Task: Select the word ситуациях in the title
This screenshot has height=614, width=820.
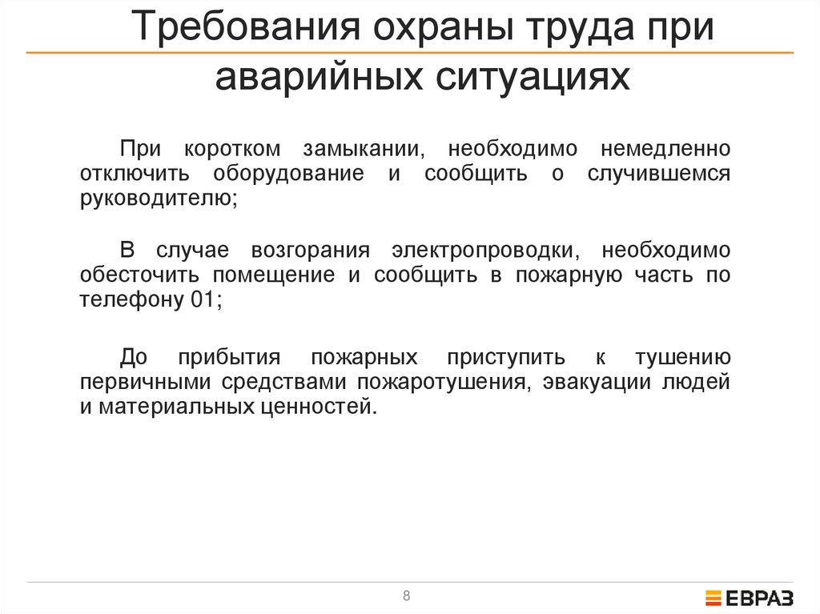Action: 517,78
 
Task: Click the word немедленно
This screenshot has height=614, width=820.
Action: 664,150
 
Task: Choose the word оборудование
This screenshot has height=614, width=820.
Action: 288,174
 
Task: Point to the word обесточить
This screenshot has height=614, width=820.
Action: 141,275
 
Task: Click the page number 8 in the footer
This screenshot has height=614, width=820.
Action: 407,596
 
